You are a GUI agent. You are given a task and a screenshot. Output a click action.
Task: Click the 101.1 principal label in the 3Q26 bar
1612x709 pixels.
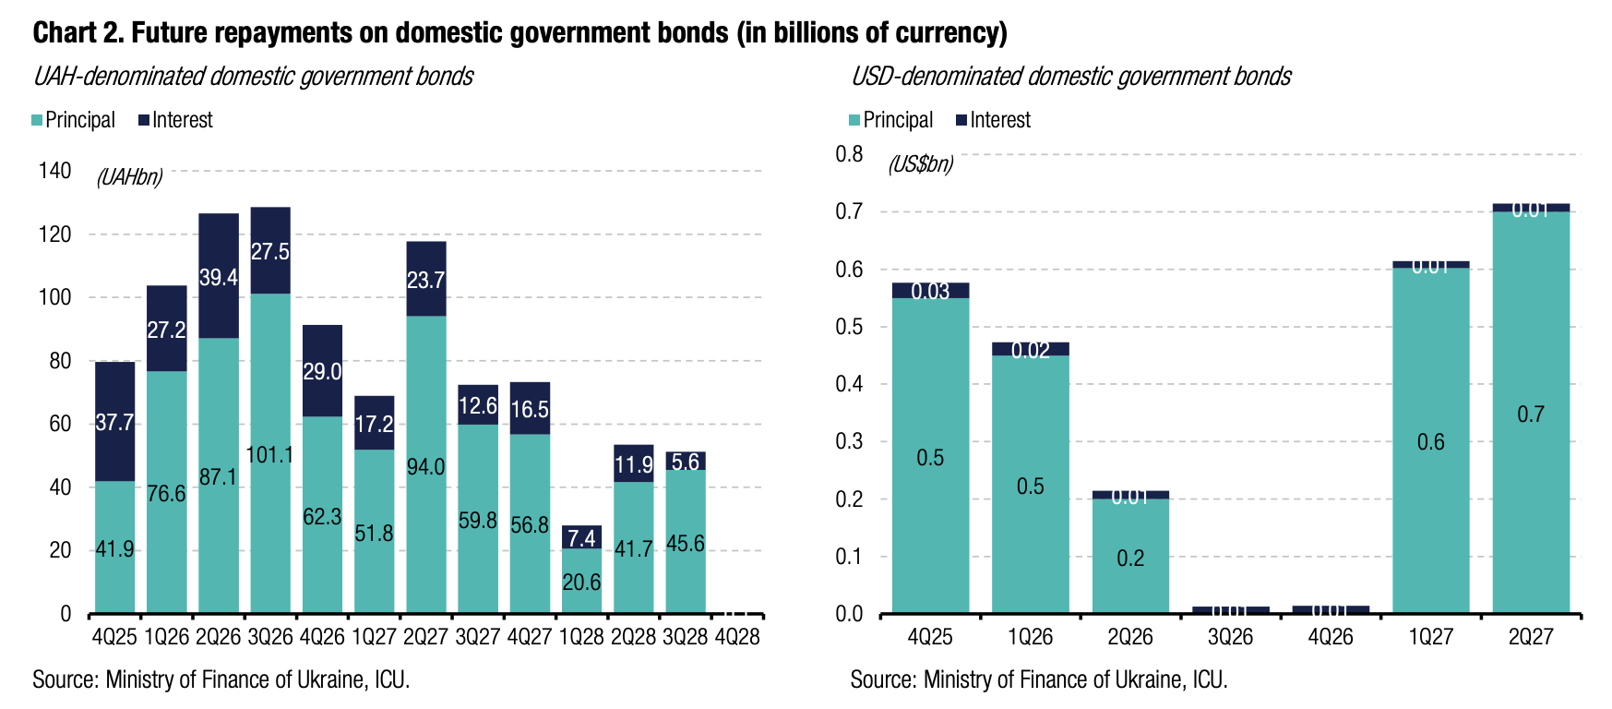[x=269, y=454]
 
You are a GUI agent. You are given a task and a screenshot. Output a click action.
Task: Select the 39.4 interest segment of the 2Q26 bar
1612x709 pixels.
[x=219, y=277]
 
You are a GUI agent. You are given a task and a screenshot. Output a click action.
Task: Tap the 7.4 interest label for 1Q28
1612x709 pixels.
[x=581, y=538]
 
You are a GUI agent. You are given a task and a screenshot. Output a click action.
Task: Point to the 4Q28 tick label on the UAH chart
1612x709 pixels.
[x=737, y=637]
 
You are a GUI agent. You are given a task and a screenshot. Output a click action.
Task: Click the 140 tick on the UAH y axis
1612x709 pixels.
[x=54, y=171]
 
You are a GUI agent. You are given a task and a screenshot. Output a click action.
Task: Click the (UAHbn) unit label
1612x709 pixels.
[x=129, y=177]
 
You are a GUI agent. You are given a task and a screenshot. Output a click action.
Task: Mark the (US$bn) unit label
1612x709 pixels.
[x=920, y=164]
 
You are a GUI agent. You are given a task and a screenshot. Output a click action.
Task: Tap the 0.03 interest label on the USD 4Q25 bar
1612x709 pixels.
[x=930, y=292]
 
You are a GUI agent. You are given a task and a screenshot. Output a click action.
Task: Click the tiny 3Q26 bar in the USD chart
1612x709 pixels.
[x=1230, y=609]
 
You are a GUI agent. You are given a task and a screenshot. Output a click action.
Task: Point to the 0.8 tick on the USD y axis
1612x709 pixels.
[x=849, y=154]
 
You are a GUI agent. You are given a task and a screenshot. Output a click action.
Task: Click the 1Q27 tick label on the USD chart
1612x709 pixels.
[x=1430, y=637]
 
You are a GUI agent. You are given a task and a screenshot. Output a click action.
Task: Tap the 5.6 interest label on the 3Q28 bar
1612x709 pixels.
[x=686, y=462]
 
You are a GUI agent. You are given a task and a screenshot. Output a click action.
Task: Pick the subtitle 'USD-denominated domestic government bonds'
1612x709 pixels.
[x=1070, y=76]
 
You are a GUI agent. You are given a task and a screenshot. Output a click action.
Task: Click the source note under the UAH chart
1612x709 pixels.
[x=221, y=680]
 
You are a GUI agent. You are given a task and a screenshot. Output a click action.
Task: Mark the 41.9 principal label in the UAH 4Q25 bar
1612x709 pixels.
[x=114, y=549]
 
